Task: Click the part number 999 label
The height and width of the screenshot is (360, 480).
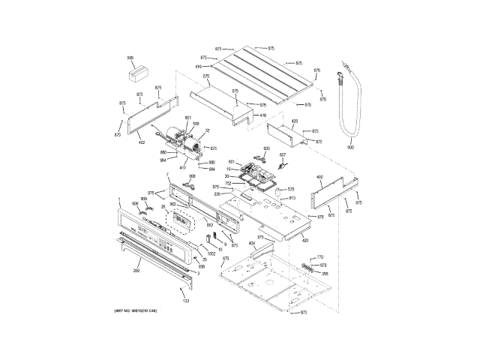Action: pyautogui.click(x=130, y=58)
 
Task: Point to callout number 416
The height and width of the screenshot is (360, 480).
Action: pyautogui.click(x=199, y=67)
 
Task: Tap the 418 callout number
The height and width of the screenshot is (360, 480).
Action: pyautogui.click(x=263, y=116)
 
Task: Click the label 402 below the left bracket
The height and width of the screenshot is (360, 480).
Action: pyautogui.click(x=141, y=142)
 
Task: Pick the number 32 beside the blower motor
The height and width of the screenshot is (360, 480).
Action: pyautogui.click(x=207, y=130)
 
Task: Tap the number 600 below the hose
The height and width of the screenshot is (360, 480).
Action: pyautogui.click(x=349, y=147)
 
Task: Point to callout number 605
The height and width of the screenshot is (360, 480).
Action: pyautogui.click(x=266, y=148)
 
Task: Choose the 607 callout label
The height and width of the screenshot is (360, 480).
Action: pyautogui.click(x=283, y=155)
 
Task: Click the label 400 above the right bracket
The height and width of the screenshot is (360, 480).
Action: pyautogui.click(x=319, y=178)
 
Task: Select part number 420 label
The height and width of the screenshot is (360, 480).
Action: pyautogui.click(x=305, y=239)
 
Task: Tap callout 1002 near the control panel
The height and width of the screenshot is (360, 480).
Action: pyautogui.click(x=211, y=253)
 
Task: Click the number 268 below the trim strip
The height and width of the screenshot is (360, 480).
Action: pyautogui.click(x=136, y=271)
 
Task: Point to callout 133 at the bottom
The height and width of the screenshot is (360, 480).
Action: pyautogui.click(x=185, y=300)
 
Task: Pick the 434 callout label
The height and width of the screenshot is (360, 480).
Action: pyautogui.click(x=252, y=244)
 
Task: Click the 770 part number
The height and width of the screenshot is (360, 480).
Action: pyautogui.click(x=319, y=257)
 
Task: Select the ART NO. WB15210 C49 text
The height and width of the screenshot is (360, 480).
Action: pyautogui.click(x=136, y=310)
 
